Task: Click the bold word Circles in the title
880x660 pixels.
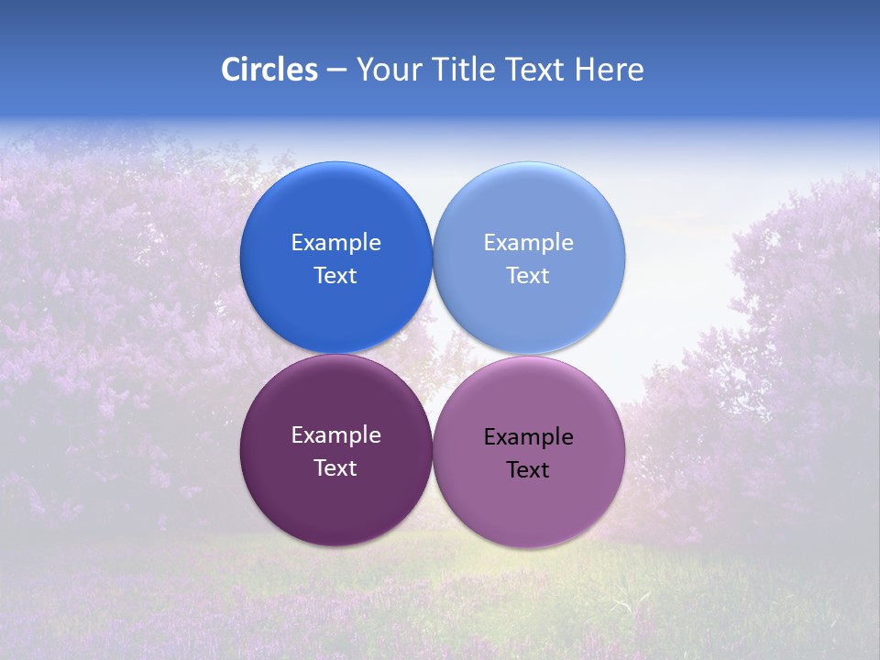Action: [x=269, y=70]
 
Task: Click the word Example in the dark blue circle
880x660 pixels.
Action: [x=335, y=243]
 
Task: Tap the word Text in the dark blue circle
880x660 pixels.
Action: [x=335, y=276]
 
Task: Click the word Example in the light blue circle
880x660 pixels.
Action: [x=528, y=243]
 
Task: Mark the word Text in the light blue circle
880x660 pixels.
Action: [x=528, y=276]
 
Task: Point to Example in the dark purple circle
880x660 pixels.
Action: [x=335, y=435]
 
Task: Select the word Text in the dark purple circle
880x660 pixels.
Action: [x=335, y=468]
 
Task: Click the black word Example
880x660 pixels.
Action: [x=528, y=437]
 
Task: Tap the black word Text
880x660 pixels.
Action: [x=528, y=470]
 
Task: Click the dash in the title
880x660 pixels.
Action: [x=336, y=71]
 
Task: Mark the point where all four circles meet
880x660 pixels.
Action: [x=433, y=354]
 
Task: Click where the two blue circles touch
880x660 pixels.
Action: [x=433, y=258]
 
